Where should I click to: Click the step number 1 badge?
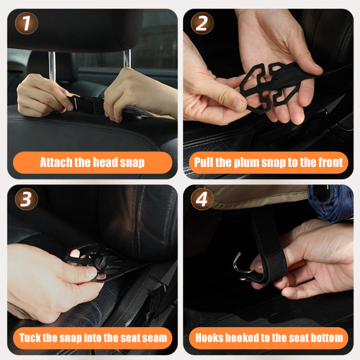(x=27, y=23)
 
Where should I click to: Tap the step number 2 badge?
(x=202, y=23)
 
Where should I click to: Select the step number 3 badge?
(x=27, y=199)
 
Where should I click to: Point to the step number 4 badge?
(x=202, y=199)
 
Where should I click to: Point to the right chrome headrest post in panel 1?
(x=127, y=59)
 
